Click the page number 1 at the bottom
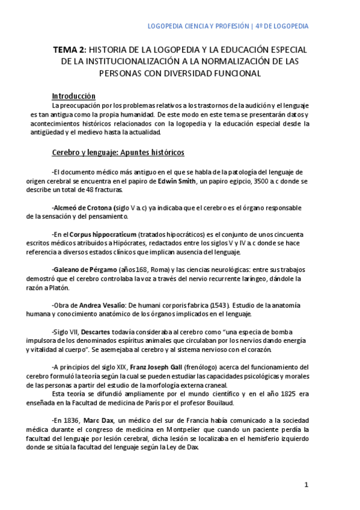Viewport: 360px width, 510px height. pyautogui.click(x=306, y=485)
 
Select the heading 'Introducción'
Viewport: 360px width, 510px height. pyautogui.click(x=74, y=96)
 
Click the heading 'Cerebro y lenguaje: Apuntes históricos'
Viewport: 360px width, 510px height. pyautogui.click(x=118, y=152)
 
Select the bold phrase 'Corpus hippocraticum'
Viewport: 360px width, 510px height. pyautogui.click(x=103, y=234)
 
